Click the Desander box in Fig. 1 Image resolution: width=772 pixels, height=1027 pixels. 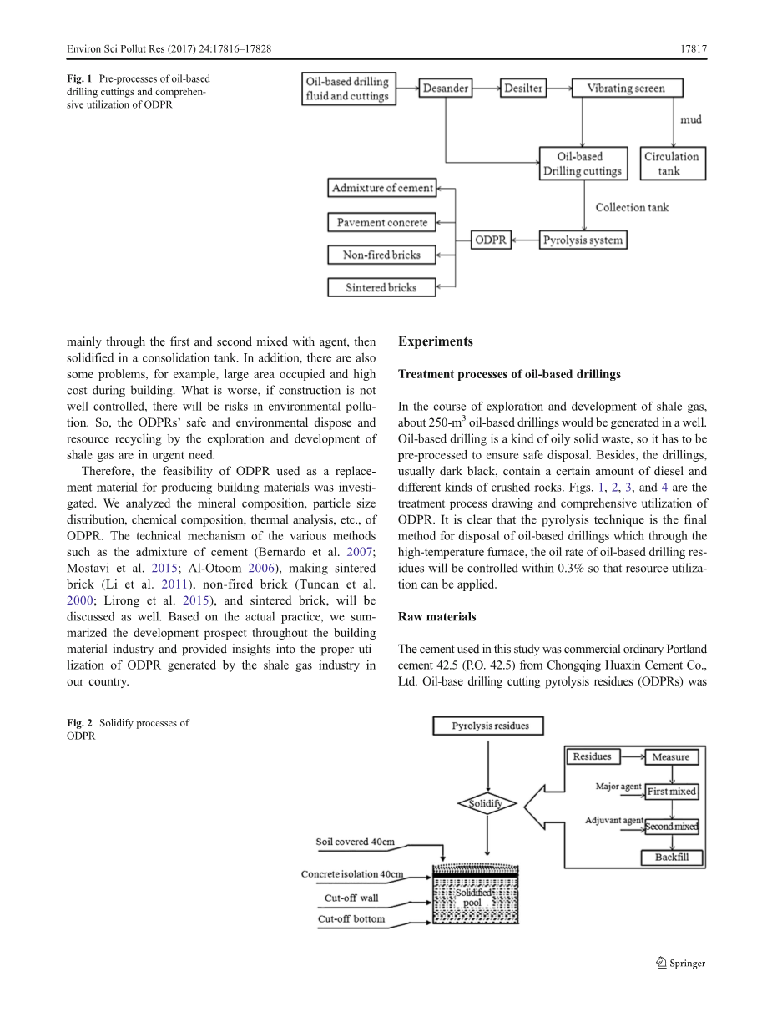coord(446,88)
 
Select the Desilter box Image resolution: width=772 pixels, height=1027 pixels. coord(522,88)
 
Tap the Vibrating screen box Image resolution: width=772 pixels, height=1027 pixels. coord(626,88)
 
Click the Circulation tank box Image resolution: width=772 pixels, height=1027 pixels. coord(672,163)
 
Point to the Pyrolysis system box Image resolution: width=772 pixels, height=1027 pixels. coord(582,240)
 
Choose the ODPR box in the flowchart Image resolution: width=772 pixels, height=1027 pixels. coord(491,240)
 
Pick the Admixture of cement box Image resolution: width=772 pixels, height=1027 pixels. coord(382,188)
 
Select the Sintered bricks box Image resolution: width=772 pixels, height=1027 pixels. coord(381,288)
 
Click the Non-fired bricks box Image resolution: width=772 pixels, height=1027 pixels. coord(381,255)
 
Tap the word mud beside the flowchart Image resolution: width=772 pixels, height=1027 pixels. coord(690,119)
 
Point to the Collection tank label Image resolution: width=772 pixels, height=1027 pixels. coord(632,207)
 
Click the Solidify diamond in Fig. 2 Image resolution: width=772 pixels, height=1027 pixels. coord(486,803)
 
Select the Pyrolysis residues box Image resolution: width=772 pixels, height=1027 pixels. coord(490,726)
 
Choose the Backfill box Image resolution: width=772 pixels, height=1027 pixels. coord(671,858)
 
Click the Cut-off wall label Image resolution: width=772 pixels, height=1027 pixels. coord(351,898)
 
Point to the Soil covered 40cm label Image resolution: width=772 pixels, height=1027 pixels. coord(355,842)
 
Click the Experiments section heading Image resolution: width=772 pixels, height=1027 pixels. coord(436,341)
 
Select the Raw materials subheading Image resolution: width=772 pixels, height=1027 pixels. coord(437,616)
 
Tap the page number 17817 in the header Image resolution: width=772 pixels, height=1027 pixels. coord(693,50)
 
